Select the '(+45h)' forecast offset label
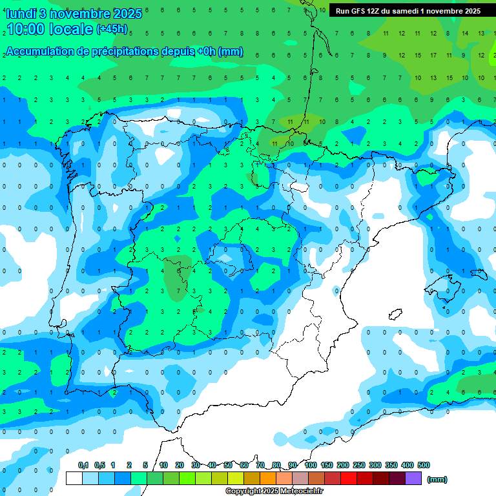coord(112,29)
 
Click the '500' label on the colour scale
coord(424,465)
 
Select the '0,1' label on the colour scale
coord(83,465)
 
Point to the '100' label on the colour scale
coord(311,465)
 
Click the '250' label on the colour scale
coord(359,465)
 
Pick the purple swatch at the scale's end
coord(413,479)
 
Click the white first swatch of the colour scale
coord(74,479)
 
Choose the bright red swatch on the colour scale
coord(349,479)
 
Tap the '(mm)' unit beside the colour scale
coord(437,479)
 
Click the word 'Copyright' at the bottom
coord(243,491)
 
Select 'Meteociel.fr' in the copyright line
coord(302,491)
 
